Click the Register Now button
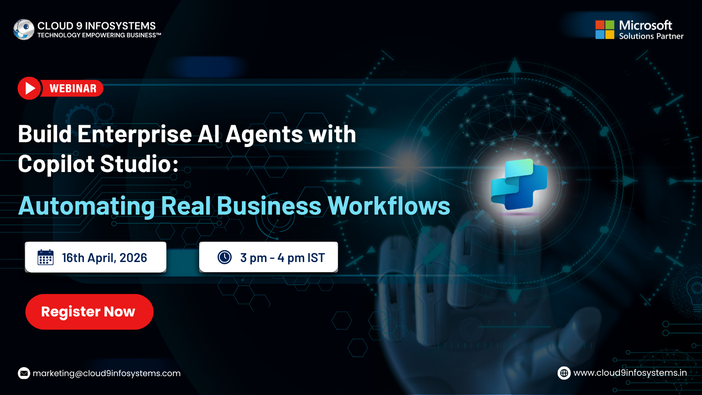coord(90,312)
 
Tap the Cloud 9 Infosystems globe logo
coord(24,29)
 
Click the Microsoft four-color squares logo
coord(605,30)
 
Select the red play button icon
coord(29,88)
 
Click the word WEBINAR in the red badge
coord(73,88)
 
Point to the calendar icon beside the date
coord(46,257)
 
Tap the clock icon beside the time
coord(225,257)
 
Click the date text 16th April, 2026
coord(104,258)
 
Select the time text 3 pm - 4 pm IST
coord(283,258)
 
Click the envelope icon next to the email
coord(24,373)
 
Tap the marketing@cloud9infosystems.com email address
coord(107,373)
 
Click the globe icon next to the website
coord(564,373)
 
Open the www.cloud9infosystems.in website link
coord(630,373)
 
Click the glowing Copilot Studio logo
coord(519,184)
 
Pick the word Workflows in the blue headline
coord(389,206)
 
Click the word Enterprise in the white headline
coord(134,134)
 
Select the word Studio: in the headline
coord(139,164)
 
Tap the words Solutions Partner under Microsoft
coord(651,36)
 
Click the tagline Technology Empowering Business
coord(99,35)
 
